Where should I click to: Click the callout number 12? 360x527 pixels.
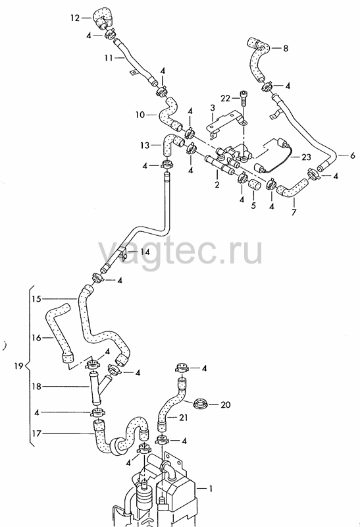(x=75, y=18)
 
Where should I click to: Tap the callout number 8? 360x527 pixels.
(x=286, y=48)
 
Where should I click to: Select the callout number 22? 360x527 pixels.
(x=225, y=98)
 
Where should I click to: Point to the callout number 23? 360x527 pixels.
(x=306, y=157)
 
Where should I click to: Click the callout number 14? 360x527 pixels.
(x=145, y=252)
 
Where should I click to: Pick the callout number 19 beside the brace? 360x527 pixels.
(x=19, y=366)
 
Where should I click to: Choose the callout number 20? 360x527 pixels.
(x=226, y=404)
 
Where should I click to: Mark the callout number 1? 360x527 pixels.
(x=211, y=489)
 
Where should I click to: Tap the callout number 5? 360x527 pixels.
(x=253, y=205)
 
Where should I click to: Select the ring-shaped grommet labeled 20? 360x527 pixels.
(x=200, y=402)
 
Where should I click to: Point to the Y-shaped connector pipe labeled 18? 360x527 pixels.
(x=99, y=387)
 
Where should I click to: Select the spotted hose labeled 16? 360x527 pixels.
(x=60, y=333)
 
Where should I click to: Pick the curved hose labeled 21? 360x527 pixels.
(x=172, y=405)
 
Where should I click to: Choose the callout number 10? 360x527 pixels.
(x=140, y=115)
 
